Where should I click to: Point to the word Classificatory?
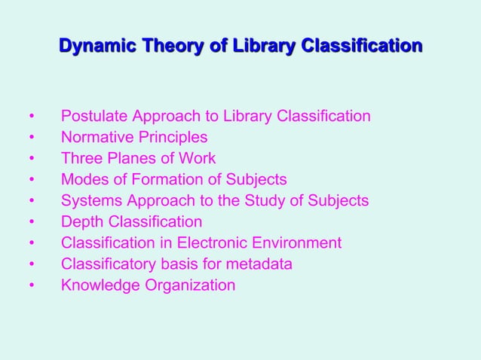coord(109,264)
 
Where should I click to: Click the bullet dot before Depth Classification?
coord(31,223)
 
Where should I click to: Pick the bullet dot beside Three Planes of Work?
coord(31,160)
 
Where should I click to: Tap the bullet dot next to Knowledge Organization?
coord(31,286)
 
